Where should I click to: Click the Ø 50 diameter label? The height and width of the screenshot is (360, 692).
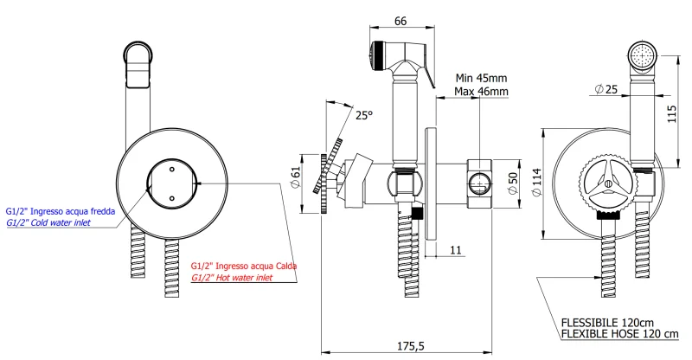click(x=512, y=182)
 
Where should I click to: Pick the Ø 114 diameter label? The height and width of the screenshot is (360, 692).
click(x=537, y=182)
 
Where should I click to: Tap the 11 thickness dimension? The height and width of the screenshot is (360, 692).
click(x=455, y=248)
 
